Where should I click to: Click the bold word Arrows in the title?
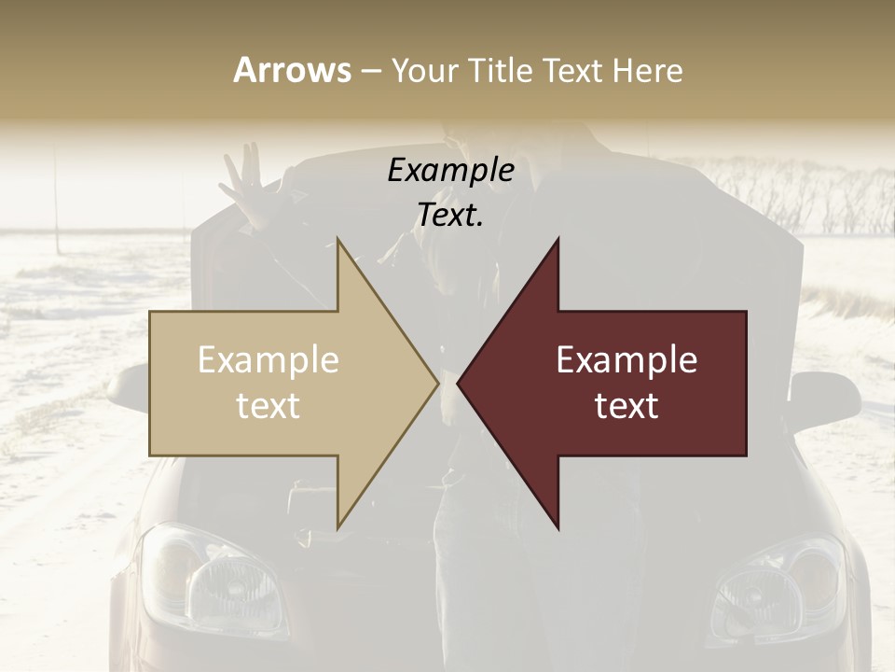pos(293,70)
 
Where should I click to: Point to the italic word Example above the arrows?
pos(450,171)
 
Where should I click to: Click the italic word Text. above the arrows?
pos(450,215)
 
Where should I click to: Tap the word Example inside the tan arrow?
pos(268,360)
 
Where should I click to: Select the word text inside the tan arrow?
pos(268,405)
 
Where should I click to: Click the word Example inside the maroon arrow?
pos(626,360)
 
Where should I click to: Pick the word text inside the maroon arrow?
pos(626,405)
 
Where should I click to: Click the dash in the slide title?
pos(370,71)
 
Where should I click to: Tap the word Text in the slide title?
pos(574,70)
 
